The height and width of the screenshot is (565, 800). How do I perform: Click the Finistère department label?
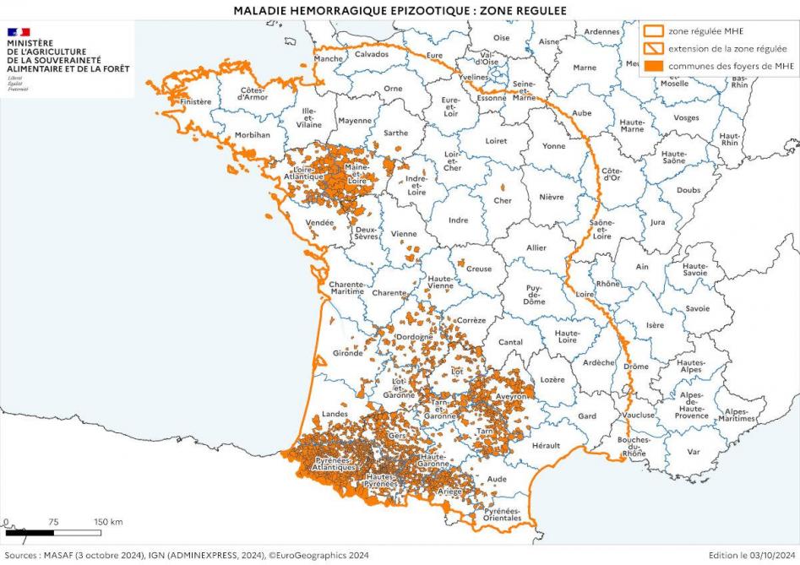pos(195,102)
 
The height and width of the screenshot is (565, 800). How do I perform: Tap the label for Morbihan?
pos(253,134)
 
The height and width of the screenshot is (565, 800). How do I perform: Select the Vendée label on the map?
pos(320,223)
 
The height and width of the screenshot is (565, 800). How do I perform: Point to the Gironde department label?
pos(348,353)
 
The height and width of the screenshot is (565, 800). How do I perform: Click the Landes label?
pos(335,414)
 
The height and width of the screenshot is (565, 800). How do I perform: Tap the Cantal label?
pos(510,342)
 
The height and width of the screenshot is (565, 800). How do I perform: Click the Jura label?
pos(657,222)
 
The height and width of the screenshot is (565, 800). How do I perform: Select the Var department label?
pos(694,452)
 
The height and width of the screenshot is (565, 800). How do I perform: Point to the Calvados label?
pos(372,54)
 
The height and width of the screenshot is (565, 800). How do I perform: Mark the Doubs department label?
pos(688,190)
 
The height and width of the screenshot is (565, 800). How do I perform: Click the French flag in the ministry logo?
pos(19,32)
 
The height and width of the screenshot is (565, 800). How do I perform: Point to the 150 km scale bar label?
pos(108,522)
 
